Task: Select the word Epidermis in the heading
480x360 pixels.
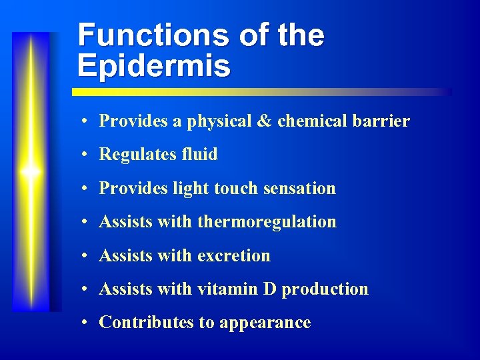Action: pos(154,66)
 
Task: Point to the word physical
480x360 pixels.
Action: pos(219,121)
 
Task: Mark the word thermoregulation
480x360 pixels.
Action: pos(267,221)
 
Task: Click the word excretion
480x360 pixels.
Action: pos(234,255)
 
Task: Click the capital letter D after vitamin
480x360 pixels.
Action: pos(270,289)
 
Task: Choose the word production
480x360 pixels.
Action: pos(325,289)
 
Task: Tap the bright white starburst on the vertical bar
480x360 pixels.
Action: pos(30,171)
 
